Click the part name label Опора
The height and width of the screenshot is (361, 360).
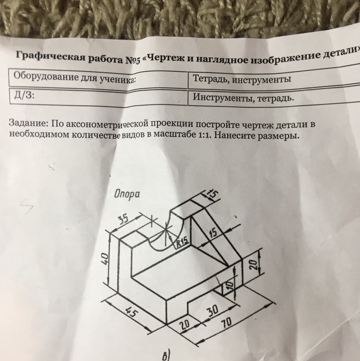[x=127, y=195]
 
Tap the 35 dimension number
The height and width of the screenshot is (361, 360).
[x=124, y=220]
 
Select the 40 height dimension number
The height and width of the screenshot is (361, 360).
[x=104, y=259]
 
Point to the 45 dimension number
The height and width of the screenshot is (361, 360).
[x=132, y=313]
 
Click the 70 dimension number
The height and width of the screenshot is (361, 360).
[x=226, y=324]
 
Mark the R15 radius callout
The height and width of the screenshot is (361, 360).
[x=182, y=242]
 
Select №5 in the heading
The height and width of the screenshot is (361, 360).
[x=133, y=60]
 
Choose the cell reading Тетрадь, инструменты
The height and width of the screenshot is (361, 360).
[x=242, y=79]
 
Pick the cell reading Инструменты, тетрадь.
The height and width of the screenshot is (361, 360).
[x=244, y=98]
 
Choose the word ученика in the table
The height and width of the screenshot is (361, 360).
[x=116, y=79]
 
